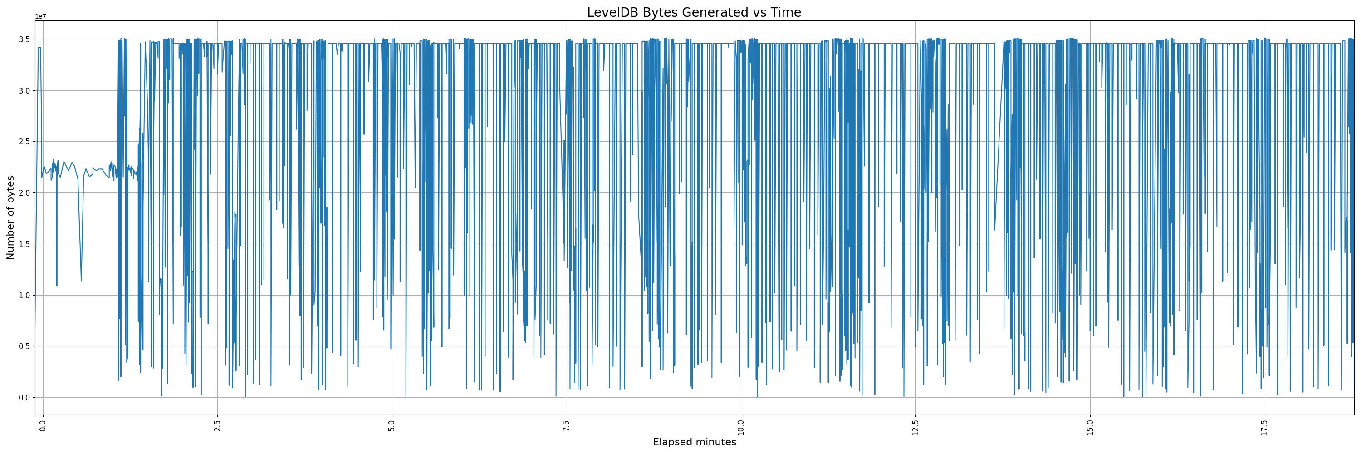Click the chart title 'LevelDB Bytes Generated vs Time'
[x=694, y=13]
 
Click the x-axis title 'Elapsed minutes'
[x=694, y=442]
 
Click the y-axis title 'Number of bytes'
[x=10, y=218]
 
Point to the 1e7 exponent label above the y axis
[x=41, y=16]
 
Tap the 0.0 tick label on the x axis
[x=43, y=425]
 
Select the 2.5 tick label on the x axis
[x=217, y=425]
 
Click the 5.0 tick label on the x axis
[x=392, y=425]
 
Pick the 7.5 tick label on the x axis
[x=566, y=425]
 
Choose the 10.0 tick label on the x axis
[x=741, y=426]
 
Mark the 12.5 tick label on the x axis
[x=915, y=426]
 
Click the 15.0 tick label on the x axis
[x=1090, y=426]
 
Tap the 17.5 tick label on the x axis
[x=1264, y=426]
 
